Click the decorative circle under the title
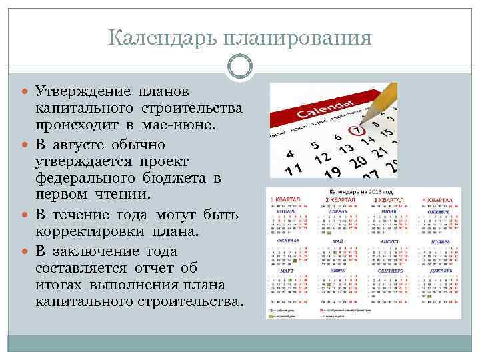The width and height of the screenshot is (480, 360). coord(240,67)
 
